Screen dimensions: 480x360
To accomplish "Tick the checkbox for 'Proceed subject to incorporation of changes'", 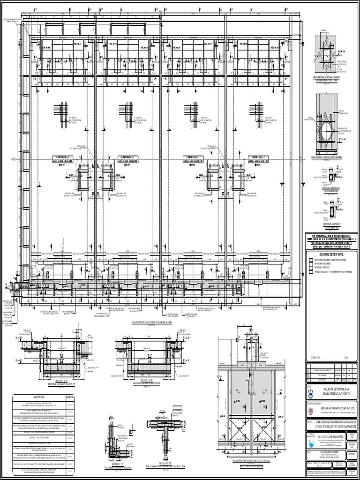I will (310, 270).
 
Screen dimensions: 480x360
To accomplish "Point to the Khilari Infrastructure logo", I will (312, 408).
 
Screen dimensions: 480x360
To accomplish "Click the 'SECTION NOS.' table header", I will (39, 397).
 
